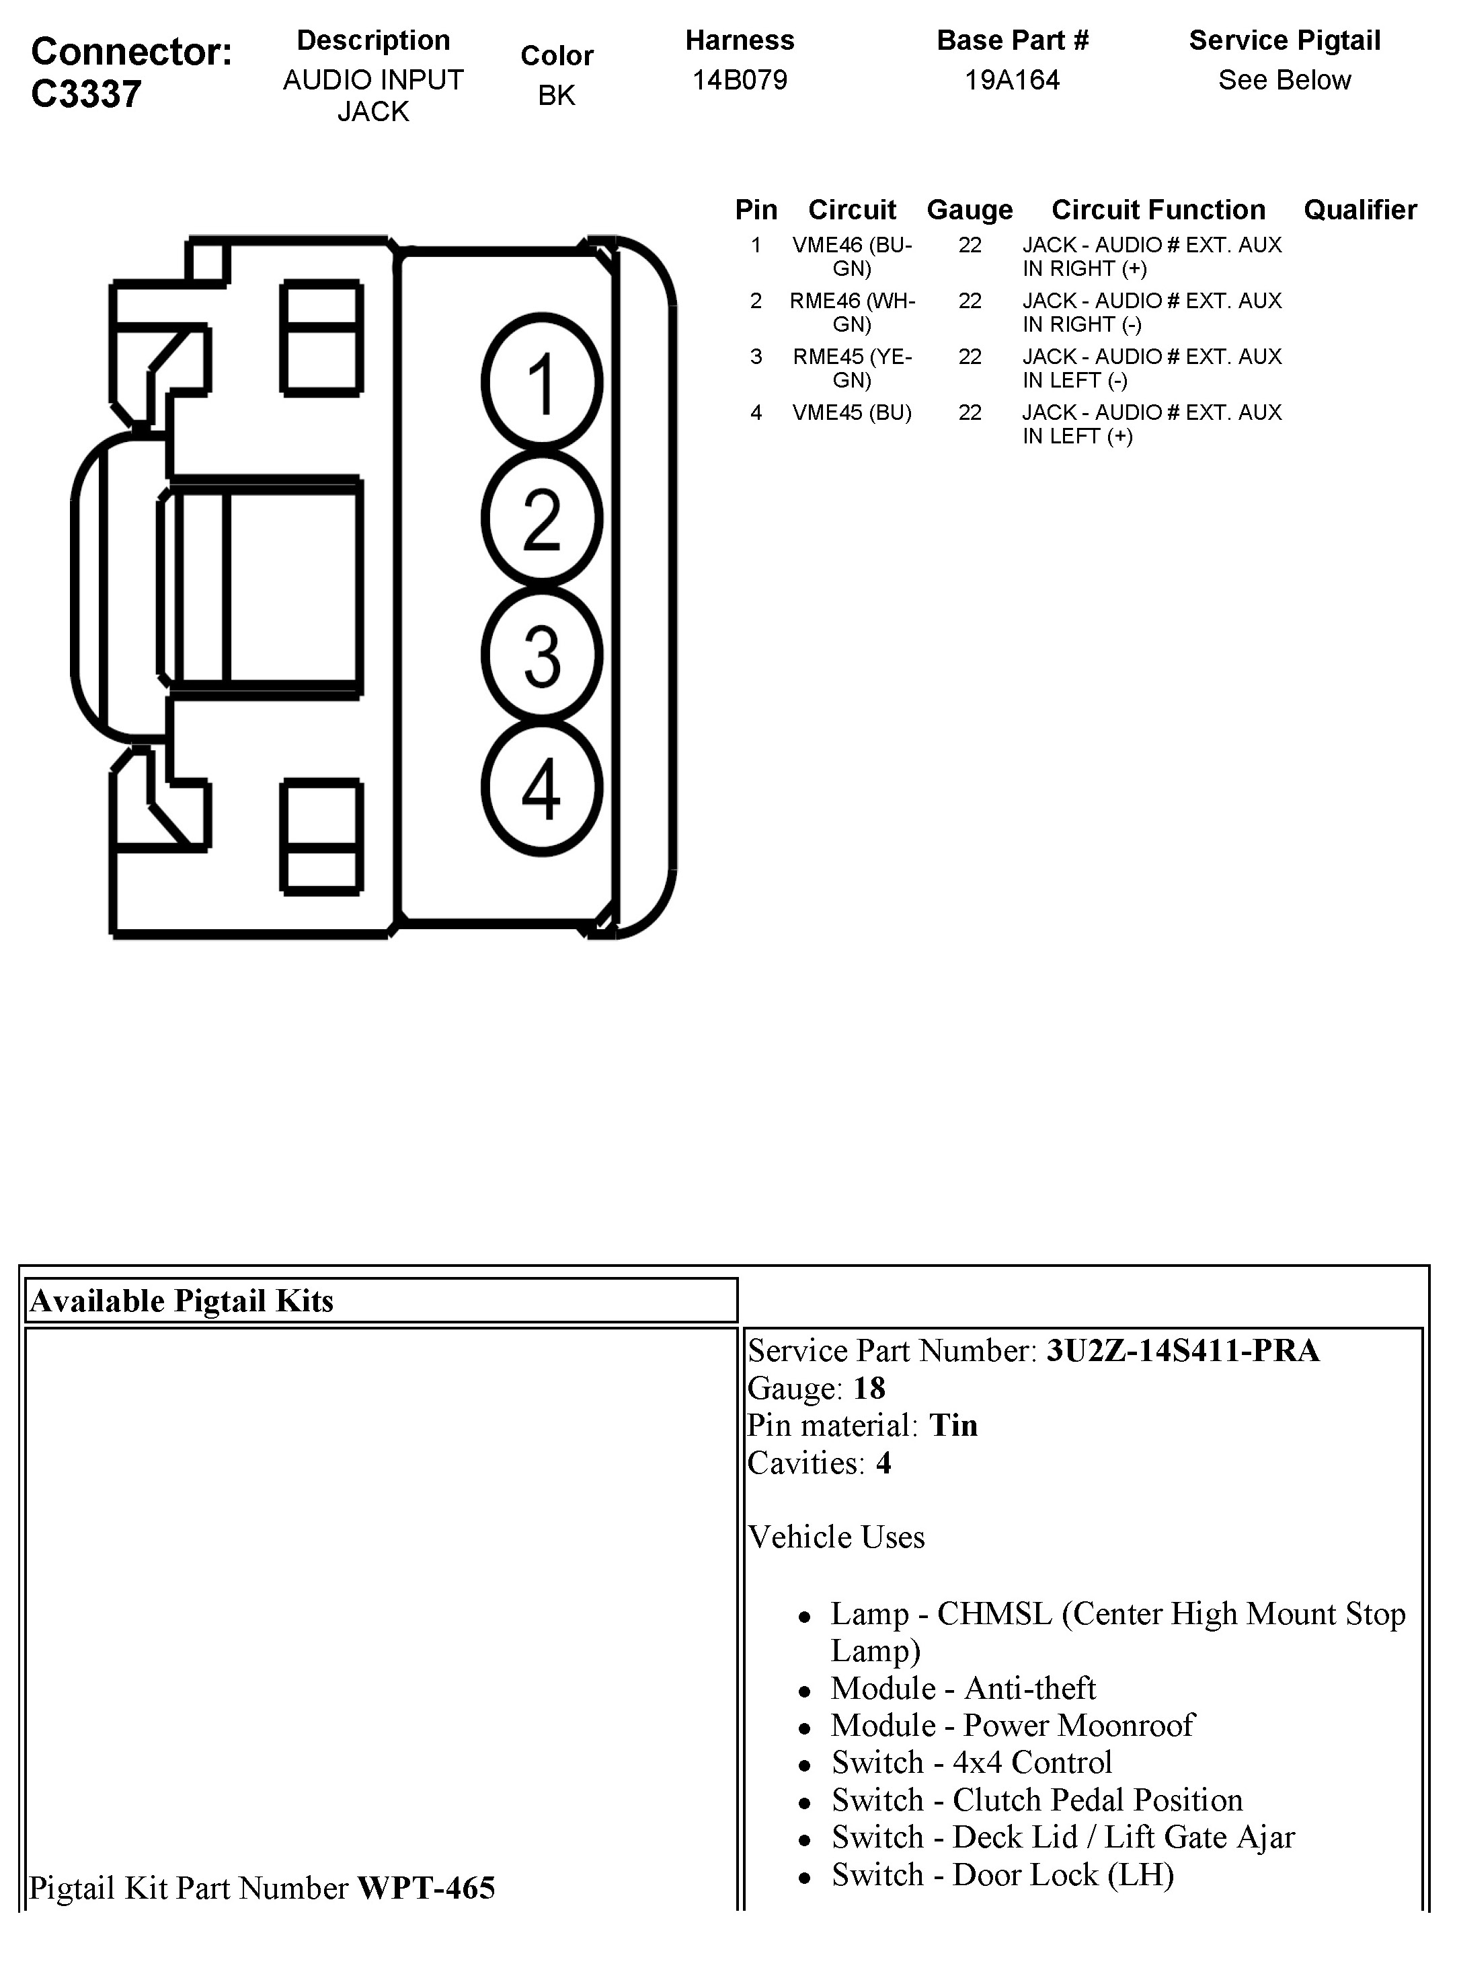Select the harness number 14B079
[x=739, y=80]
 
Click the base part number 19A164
[x=1012, y=80]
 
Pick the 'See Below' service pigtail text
[x=1284, y=80]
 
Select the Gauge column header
[x=970, y=210]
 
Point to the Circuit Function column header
[x=1158, y=210]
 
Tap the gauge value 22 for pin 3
[x=970, y=357]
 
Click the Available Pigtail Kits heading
[x=182, y=1301]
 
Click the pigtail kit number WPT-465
[x=426, y=1888]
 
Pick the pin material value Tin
[x=953, y=1426]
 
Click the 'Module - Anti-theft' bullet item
[x=963, y=1688]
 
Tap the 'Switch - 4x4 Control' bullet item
[x=971, y=1763]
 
